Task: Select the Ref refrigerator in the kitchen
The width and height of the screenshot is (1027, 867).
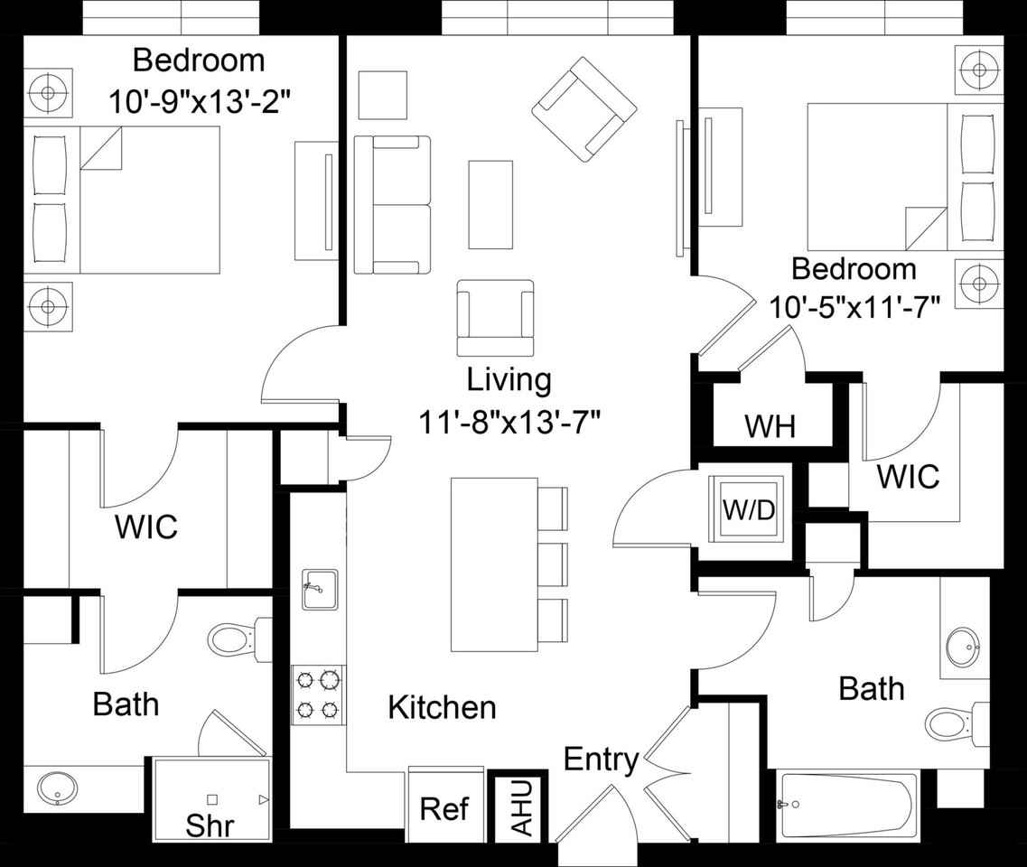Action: pos(444,806)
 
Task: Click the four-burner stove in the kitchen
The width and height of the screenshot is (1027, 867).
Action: pos(319,695)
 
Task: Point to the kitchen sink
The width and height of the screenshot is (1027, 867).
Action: pos(319,590)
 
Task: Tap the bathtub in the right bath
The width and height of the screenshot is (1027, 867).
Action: pos(847,805)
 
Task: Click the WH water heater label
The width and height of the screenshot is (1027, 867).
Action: pos(770,426)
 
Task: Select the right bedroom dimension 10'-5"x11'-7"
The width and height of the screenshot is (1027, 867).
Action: pos(854,307)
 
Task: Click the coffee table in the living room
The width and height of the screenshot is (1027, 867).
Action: pos(490,204)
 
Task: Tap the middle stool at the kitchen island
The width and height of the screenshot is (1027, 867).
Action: pos(552,566)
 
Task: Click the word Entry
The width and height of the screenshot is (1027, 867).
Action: pos(601,760)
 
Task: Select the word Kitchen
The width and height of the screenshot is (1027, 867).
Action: pos(442,707)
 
